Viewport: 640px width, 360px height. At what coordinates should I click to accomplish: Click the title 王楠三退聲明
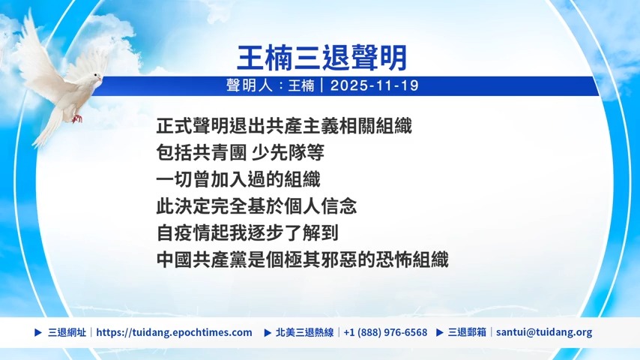pos(321,58)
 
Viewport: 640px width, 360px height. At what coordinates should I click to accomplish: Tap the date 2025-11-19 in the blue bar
pos(374,85)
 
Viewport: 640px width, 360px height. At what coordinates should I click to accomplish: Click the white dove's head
pos(95,77)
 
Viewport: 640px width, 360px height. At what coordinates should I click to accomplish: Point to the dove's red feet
pos(76,119)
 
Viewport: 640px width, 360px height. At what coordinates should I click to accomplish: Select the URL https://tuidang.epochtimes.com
pos(174,332)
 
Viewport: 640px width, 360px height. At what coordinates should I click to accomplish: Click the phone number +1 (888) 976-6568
pos(385,332)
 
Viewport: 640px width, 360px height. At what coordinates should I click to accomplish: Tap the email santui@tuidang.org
pos(544,332)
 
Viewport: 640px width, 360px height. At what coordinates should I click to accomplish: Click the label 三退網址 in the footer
pos(67,332)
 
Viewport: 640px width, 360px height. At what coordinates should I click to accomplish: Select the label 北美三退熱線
pos(304,332)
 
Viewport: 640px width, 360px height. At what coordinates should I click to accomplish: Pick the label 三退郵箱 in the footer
pos(467,332)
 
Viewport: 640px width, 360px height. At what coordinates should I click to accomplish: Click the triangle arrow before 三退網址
pos(38,332)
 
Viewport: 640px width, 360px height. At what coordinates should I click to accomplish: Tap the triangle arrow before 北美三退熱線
pos(268,332)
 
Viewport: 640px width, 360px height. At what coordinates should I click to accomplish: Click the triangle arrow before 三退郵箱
pos(440,332)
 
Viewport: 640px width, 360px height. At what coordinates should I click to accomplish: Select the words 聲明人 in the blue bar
pos(249,85)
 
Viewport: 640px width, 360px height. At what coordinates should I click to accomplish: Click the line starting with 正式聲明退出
pos(284,126)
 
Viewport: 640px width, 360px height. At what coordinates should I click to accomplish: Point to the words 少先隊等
pos(288,153)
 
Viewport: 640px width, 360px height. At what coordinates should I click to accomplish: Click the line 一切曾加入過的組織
pos(238,179)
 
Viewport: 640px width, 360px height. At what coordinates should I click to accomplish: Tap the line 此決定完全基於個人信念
pos(256,206)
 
